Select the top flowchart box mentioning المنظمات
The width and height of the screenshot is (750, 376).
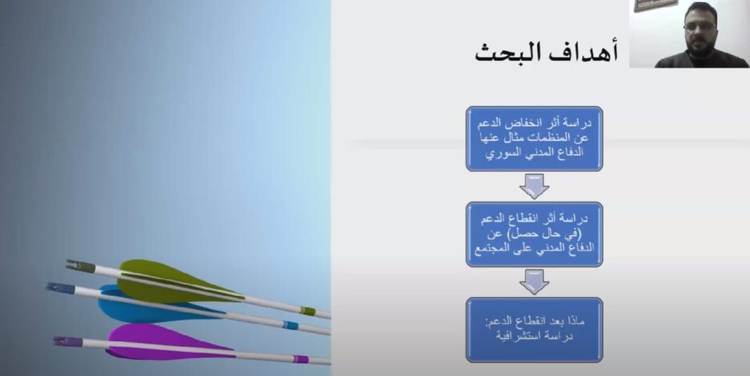pyautogui.click(x=534, y=138)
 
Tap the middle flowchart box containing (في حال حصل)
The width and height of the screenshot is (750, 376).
pyautogui.click(x=534, y=234)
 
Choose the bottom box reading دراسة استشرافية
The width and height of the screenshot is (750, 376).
pyautogui.click(x=534, y=330)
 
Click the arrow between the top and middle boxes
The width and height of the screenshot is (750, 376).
pyautogui.click(x=534, y=187)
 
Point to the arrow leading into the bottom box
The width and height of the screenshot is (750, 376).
pyautogui.click(x=534, y=282)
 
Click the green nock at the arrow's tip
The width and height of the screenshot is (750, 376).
pyautogui.click(x=81, y=266)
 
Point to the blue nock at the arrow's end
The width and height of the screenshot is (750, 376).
pyautogui.click(x=60, y=288)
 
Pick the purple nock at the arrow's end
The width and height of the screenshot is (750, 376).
pyautogui.click(x=68, y=342)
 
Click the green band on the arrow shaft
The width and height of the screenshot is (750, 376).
pyautogui.click(x=307, y=311)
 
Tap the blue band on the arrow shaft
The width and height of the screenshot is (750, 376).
pyautogui.click(x=291, y=325)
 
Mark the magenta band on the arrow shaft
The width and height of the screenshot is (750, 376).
pyautogui.click(x=301, y=359)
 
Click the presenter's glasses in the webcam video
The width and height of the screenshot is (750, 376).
pyautogui.click(x=699, y=26)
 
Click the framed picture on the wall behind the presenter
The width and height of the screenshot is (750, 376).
pyautogui.click(x=656, y=5)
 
